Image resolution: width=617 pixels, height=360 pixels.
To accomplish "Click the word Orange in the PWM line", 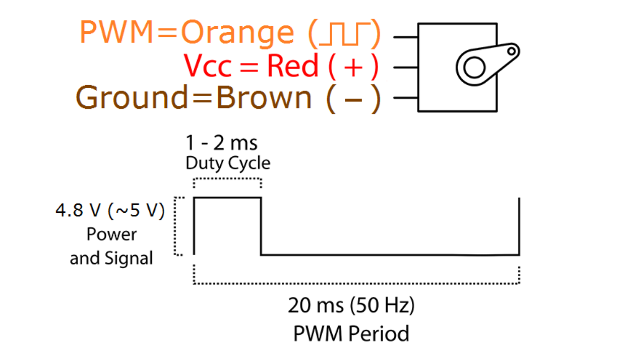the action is point(237,34).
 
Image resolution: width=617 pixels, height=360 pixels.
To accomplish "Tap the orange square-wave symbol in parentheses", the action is point(344,34).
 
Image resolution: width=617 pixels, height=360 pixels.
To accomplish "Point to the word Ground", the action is point(132,97).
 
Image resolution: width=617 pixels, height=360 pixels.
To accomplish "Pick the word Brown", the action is point(264,97).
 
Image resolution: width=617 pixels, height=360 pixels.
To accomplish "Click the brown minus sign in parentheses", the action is point(353,99).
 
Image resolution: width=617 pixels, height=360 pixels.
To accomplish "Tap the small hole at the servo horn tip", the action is point(512,51).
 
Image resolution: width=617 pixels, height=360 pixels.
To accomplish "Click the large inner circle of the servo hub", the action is point(474,68).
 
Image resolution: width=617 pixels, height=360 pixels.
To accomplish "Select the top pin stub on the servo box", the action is point(406,37).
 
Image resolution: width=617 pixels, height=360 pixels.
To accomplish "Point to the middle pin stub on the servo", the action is point(406,67).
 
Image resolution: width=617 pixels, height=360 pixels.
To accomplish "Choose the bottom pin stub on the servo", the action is point(406,97).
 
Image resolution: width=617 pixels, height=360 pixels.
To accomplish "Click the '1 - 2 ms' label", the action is point(222,143).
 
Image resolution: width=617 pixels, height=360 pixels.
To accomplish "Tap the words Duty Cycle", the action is point(228,163).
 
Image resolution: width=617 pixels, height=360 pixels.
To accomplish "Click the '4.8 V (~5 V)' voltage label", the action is point(110,211).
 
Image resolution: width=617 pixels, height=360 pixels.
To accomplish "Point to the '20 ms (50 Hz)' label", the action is point(351,306).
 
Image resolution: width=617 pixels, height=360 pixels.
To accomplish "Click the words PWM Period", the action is point(351,334).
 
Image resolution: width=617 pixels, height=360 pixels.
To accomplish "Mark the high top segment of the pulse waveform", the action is point(227,198).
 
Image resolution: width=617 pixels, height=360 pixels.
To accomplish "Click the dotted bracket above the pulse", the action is point(227,179).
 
